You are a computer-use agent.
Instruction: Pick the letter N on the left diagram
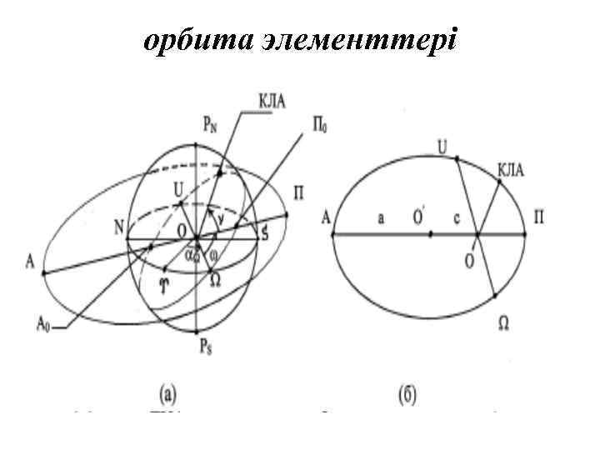point(117,226)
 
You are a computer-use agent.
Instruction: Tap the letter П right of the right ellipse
point(540,218)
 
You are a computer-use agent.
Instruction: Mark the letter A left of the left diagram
point(31,263)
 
